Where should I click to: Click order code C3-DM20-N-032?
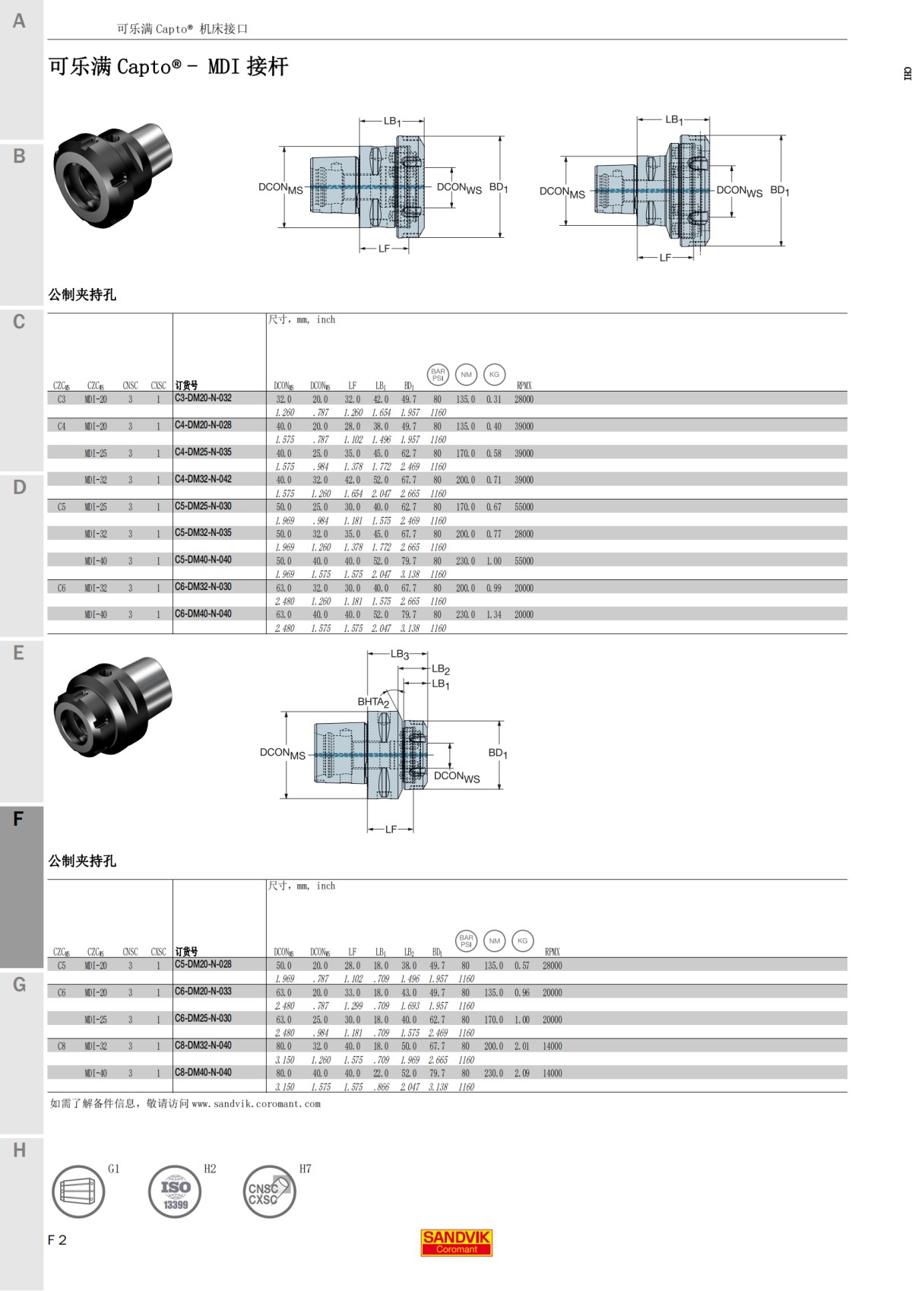[x=203, y=398]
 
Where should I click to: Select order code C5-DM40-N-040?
[x=203, y=560]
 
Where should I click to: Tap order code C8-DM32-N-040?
[x=203, y=1045]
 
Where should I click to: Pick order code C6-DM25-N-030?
[x=203, y=1018]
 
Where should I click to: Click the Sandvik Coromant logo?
[x=456, y=1242]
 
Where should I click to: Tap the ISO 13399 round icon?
[x=175, y=1192]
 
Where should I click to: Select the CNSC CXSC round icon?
[x=268, y=1192]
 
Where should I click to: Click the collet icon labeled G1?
[x=78, y=1192]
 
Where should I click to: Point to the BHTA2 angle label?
[x=373, y=702]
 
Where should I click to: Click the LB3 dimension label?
[x=400, y=654]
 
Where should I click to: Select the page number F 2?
[x=57, y=1240]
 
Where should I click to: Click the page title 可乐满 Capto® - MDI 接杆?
[x=168, y=67]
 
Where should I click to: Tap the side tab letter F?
[x=18, y=819]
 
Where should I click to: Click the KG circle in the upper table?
[x=494, y=374]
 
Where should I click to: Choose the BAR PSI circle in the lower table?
[x=466, y=940]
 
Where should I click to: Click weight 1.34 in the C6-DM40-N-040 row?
[x=494, y=614]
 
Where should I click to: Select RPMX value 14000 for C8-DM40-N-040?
[x=553, y=1073]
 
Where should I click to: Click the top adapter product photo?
[x=112, y=176]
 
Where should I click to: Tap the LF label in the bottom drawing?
[x=391, y=829]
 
